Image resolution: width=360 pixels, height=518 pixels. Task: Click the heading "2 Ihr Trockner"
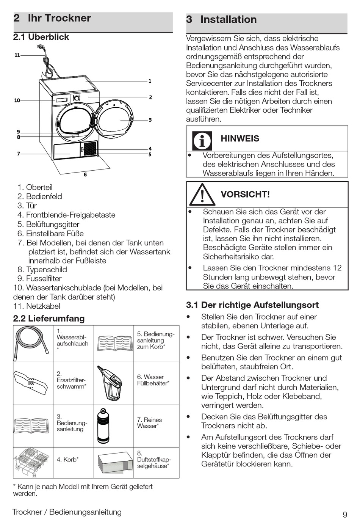pos(52,18)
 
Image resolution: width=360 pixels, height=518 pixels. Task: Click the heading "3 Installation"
pos(221,20)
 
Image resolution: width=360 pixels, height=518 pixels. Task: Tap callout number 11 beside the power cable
pos(17,55)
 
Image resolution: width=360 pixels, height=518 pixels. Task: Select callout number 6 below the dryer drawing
pos(85,175)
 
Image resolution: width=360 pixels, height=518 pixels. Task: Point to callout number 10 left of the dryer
pos(17,100)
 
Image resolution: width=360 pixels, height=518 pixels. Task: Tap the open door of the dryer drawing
pos(114,118)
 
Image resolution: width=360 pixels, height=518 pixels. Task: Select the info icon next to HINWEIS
pos(202,141)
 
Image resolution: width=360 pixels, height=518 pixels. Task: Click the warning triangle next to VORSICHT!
pos(202,195)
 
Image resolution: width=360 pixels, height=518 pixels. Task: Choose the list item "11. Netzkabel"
pos(37,306)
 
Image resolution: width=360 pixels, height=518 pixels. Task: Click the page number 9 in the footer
pos(345,514)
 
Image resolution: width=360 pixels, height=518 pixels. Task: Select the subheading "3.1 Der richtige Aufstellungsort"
pos(252,305)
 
